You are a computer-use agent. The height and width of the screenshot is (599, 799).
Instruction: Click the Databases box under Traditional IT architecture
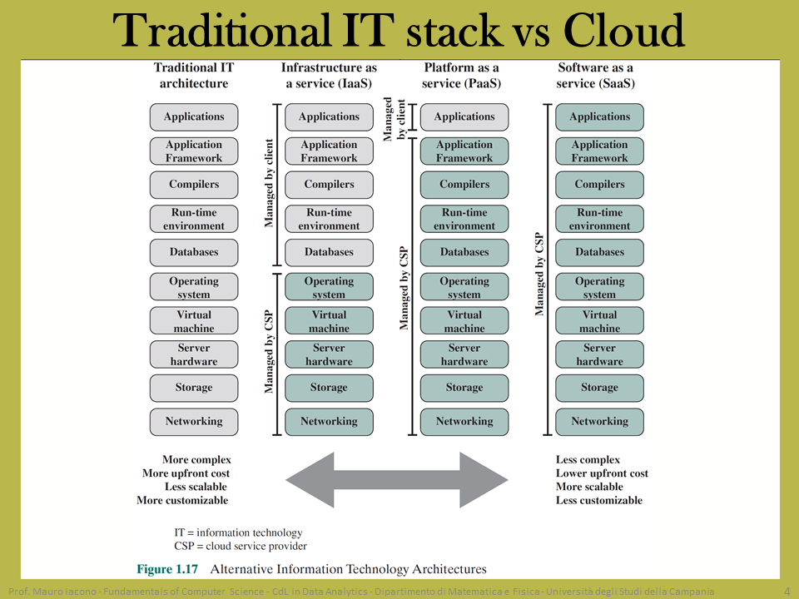tap(194, 253)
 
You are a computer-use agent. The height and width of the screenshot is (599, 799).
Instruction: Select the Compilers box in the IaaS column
tap(329, 185)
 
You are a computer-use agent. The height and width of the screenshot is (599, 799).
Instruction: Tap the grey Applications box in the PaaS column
tap(464, 117)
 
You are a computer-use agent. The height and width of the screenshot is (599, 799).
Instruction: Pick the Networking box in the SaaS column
tap(599, 422)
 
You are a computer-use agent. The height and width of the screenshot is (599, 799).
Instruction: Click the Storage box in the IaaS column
tap(329, 389)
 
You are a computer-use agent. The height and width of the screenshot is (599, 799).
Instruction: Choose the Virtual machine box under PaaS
tap(464, 320)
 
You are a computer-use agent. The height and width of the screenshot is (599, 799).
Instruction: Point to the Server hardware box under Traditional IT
tap(194, 354)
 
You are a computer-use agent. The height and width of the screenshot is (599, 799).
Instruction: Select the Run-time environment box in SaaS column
tap(599, 219)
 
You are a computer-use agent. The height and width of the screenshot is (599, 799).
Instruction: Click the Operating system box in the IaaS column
tap(329, 286)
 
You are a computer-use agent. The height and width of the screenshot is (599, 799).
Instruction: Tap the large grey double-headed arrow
tap(396, 480)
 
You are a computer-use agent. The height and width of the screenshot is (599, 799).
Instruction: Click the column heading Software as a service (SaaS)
tap(595, 76)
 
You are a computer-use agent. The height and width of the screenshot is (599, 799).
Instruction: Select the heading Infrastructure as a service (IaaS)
tap(329, 76)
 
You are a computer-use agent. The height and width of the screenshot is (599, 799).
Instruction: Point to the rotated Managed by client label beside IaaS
tap(269, 183)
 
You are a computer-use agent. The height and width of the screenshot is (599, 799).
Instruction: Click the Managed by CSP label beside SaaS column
tap(539, 274)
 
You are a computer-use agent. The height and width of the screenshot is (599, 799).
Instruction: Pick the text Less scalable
tap(196, 487)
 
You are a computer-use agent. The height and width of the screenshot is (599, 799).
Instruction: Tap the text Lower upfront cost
tap(602, 473)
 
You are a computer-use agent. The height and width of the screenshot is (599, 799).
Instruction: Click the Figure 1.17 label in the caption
tap(167, 569)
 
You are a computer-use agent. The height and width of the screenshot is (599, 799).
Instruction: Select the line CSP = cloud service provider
tap(241, 546)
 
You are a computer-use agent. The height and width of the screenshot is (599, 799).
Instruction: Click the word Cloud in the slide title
tap(623, 31)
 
